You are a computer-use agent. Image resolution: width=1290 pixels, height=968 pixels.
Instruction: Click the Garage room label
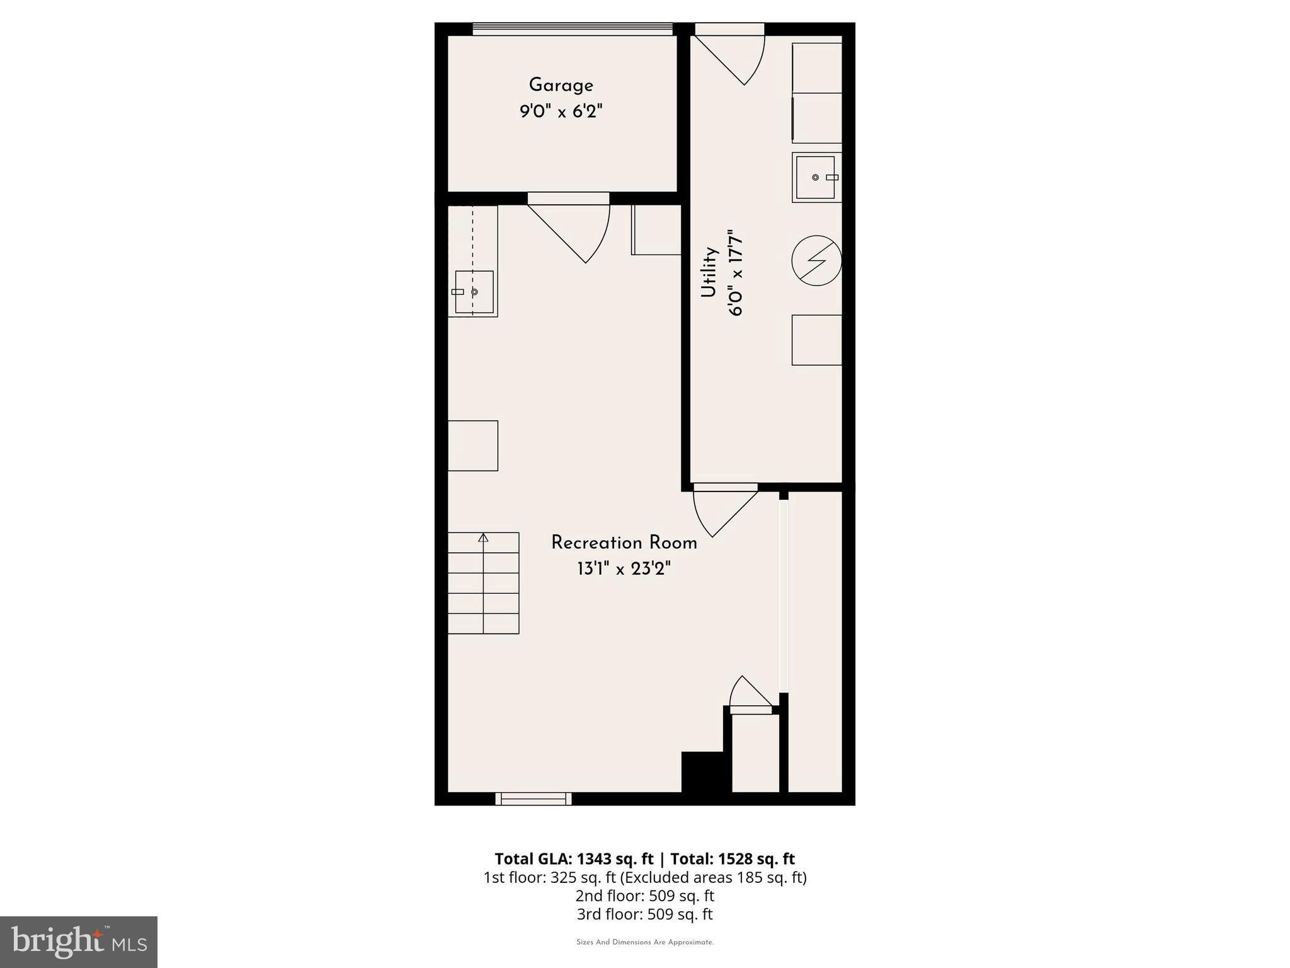click(x=561, y=86)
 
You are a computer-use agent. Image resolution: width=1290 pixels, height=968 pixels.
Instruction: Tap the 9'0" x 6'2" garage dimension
click(x=561, y=112)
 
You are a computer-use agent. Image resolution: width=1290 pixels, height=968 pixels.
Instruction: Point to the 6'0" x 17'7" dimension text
click(x=736, y=272)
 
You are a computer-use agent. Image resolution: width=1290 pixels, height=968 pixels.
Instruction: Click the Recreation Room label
click(x=624, y=543)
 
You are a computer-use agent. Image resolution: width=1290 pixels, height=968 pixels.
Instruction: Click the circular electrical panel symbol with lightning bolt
click(x=816, y=260)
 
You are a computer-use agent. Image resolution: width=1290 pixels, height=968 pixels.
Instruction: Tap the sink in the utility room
click(x=816, y=178)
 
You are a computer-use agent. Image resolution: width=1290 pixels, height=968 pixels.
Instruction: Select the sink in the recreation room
click(x=474, y=292)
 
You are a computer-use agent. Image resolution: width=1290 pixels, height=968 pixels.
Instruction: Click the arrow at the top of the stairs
click(x=483, y=538)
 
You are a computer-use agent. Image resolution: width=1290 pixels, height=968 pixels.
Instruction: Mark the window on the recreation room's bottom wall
click(x=534, y=799)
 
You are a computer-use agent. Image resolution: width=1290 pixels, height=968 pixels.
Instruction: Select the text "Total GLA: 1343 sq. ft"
click(x=574, y=859)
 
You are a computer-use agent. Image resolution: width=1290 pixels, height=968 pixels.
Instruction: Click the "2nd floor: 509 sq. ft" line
click(x=644, y=896)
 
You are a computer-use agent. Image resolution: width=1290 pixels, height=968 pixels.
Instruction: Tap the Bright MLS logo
click(x=79, y=942)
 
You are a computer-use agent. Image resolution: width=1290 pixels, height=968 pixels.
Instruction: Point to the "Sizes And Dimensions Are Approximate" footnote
click(x=644, y=942)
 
